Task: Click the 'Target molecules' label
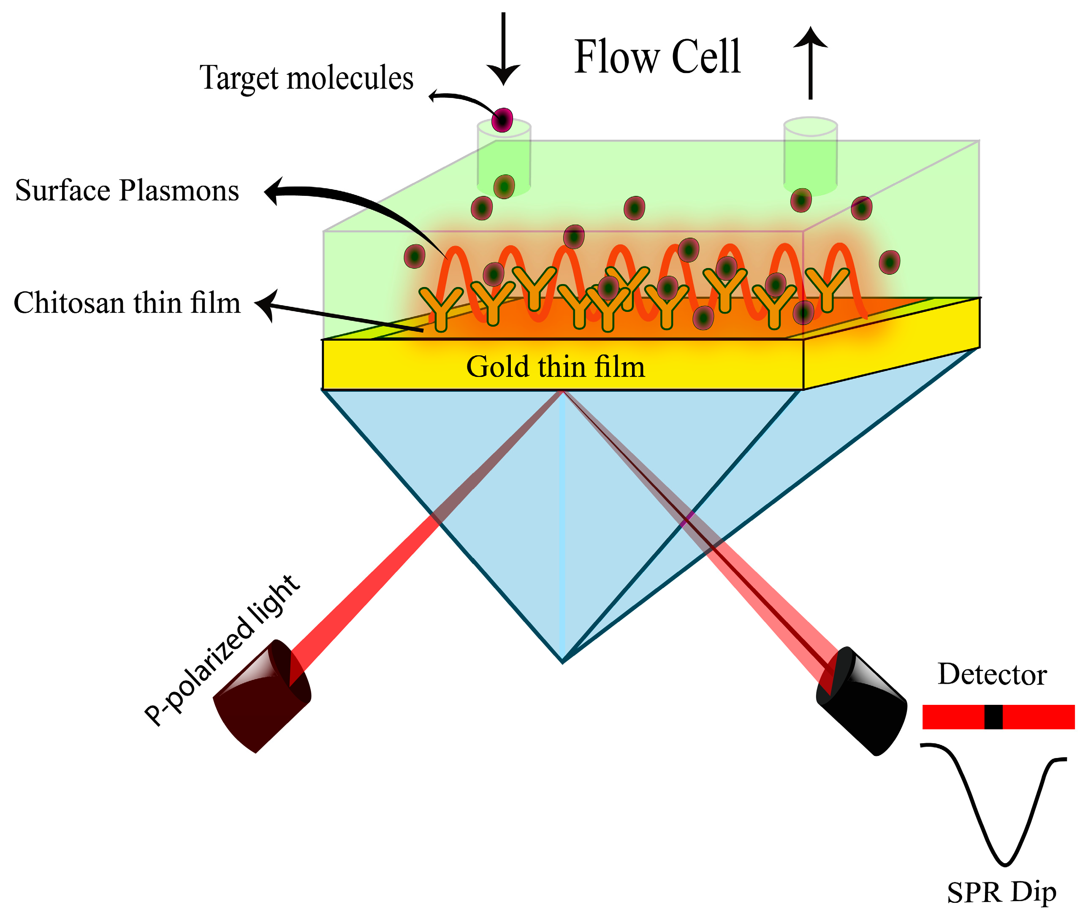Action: pyautogui.click(x=307, y=78)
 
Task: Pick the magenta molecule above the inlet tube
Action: pyautogui.click(x=503, y=120)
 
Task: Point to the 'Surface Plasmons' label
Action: pyautogui.click(x=127, y=190)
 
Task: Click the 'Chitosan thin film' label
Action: pyautogui.click(x=127, y=303)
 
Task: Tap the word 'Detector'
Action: pyautogui.click(x=992, y=675)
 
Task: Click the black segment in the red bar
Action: pyautogui.click(x=993, y=717)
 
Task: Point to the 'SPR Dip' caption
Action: pyautogui.click(x=1001, y=893)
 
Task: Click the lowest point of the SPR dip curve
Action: pyautogui.click(x=1005, y=864)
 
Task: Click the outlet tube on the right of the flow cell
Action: pyautogui.click(x=810, y=156)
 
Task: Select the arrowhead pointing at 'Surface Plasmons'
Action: pyautogui.click(x=273, y=191)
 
